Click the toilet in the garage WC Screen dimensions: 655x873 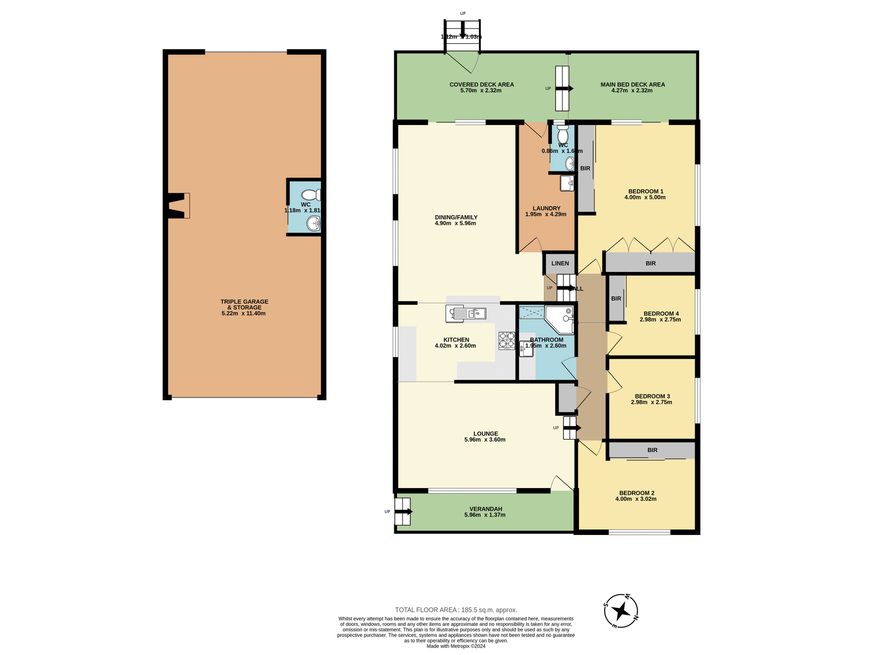coord(311,195)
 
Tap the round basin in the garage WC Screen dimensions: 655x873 coord(313,223)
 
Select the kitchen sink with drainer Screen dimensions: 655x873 coord(466,314)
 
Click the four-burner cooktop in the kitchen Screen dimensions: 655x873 coord(507,341)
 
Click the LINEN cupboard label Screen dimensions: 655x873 coord(560,263)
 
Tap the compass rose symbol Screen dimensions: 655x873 coord(621,611)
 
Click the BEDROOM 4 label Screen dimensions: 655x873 coord(661,313)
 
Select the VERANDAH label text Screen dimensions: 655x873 coord(486,509)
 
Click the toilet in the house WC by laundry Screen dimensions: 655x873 coord(562,136)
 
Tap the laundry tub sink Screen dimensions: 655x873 coord(567,183)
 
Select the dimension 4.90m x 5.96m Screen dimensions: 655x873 coord(455,223)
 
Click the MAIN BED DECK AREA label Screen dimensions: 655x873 coord(632,85)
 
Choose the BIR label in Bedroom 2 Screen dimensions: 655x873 coord(652,450)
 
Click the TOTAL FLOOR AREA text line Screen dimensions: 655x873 coord(456,610)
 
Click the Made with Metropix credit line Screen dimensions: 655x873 coord(456,646)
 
